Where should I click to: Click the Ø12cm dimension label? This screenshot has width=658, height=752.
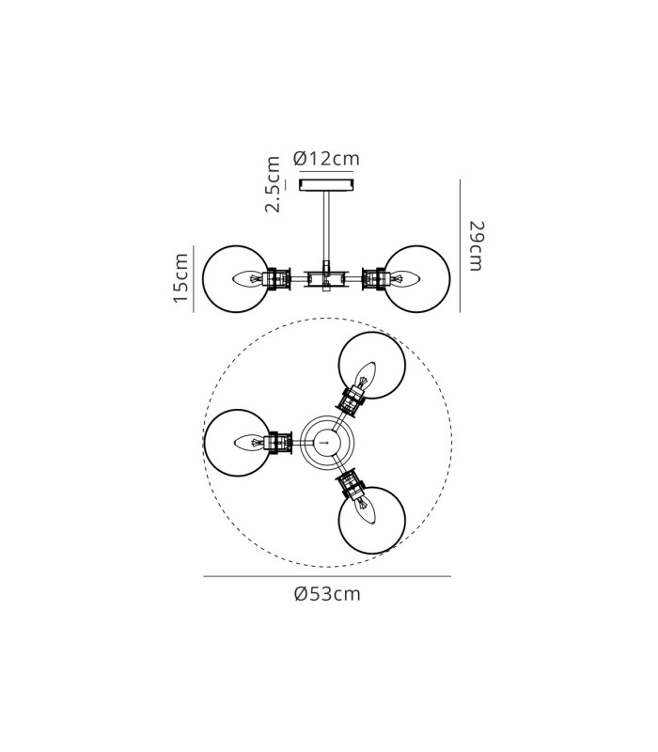[x=326, y=158]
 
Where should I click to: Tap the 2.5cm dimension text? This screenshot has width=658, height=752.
[x=273, y=183]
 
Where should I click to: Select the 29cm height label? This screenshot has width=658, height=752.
[x=477, y=246]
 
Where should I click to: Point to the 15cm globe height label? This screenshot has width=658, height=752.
[x=180, y=278]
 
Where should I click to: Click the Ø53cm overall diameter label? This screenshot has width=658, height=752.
[x=327, y=594]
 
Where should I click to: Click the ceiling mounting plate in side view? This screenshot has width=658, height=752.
[x=326, y=184]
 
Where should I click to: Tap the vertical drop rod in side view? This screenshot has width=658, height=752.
[x=326, y=226]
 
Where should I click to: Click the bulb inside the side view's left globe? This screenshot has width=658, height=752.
[x=248, y=278]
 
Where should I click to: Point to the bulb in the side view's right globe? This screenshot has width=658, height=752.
[x=404, y=278]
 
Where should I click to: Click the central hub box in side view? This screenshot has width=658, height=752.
[x=326, y=278]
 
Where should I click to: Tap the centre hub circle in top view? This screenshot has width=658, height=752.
[x=327, y=442]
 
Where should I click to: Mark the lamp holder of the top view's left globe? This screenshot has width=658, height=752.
[x=278, y=443]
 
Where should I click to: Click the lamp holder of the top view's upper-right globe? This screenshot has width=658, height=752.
[x=353, y=398]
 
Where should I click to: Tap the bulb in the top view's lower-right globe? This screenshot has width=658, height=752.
[x=366, y=510]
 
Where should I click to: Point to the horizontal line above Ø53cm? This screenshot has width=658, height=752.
[x=327, y=576]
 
